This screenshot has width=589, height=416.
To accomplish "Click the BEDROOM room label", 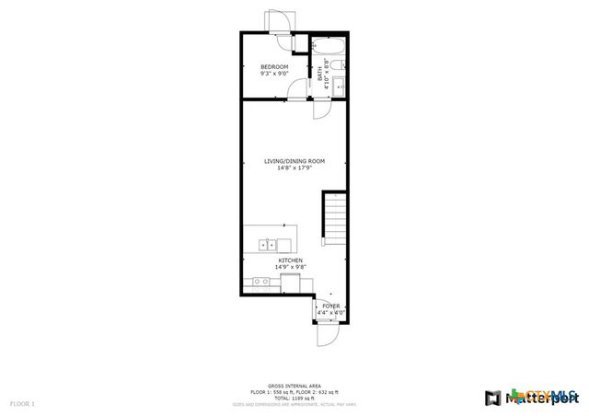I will [x=274, y=67].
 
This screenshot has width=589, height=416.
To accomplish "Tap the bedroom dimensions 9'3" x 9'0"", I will [x=274, y=75].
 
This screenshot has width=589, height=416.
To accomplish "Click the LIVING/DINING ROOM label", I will [x=294, y=161].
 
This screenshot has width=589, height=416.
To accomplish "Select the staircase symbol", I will [x=334, y=221].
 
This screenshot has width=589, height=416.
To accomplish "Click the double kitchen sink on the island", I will [x=268, y=245].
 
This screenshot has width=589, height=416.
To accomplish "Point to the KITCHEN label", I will [x=292, y=260].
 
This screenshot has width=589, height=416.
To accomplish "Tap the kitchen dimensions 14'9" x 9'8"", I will [x=292, y=267].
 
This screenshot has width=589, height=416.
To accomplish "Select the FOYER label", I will [x=330, y=306].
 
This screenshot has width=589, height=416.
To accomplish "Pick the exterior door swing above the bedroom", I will [x=279, y=22].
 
